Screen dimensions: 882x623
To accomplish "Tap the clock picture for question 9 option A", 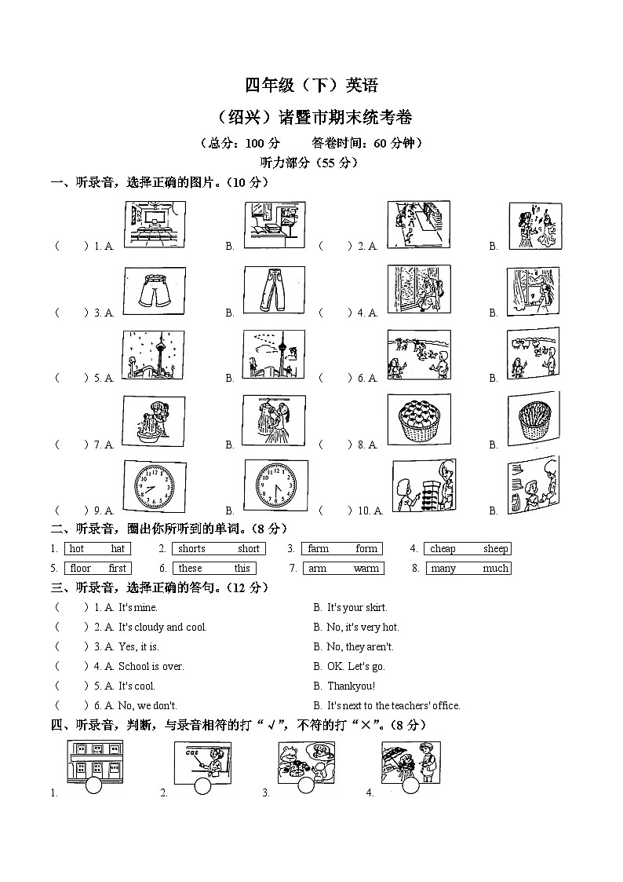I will [x=155, y=487].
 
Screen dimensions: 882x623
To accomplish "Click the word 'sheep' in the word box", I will [x=495, y=549].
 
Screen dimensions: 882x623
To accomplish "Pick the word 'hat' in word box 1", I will [x=118, y=549].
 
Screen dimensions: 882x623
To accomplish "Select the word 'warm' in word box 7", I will [x=366, y=569].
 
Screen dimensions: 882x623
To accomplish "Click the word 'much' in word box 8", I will [x=495, y=569].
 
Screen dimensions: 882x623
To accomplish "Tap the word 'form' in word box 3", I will [x=366, y=549].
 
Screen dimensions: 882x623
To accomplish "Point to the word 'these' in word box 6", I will [x=190, y=569].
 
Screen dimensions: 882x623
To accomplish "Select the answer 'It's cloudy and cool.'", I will [x=162, y=628].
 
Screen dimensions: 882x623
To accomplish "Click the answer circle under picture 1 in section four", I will [x=93, y=786].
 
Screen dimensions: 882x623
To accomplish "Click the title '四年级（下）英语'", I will [x=311, y=86].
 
